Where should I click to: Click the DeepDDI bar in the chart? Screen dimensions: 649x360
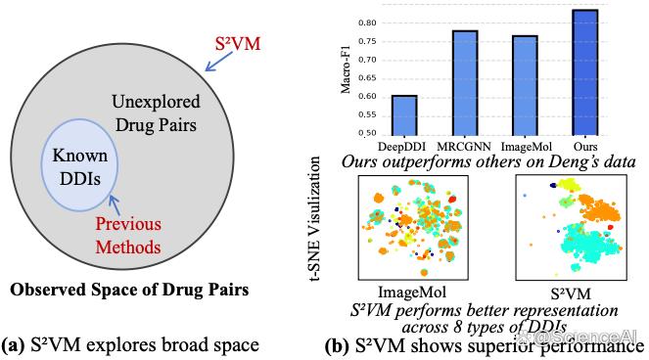[404, 115]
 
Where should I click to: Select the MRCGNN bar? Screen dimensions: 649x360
[465, 83]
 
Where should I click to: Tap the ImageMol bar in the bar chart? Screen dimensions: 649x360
[526, 86]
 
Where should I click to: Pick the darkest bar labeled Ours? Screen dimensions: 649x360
[585, 72]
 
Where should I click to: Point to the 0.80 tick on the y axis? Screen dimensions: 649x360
[367, 23]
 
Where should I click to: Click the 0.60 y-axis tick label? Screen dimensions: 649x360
[367, 97]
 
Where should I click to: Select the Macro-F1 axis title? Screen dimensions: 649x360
[346, 69]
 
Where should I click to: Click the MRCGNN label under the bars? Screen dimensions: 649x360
[464, 147]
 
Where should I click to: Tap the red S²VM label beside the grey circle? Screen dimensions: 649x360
[238, 44]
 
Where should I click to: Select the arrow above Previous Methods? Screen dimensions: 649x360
[115, 204]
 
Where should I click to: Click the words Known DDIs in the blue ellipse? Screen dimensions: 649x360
[80, 166]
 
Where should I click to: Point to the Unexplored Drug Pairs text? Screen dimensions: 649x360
[156, 112]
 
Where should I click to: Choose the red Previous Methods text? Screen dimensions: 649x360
[128, 235]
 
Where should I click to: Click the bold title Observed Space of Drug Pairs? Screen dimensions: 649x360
[129, 290]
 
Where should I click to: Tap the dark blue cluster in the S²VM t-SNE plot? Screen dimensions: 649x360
[553, 185]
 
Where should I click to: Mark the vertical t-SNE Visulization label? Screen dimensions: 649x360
[314, 219]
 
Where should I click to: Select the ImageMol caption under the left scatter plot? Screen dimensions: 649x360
[412, 292]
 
